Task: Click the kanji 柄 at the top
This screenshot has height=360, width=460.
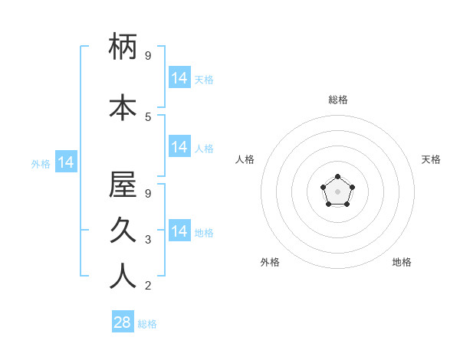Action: (x=123, y=47)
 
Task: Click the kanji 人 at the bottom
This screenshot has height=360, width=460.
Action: (x=123, y=276)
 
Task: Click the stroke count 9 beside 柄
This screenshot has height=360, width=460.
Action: (x=148, y=56)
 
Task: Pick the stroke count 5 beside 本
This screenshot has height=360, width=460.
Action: (x=148, y=116)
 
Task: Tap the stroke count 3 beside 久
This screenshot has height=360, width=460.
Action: (x=148, y=240)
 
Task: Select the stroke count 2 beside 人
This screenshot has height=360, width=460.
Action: (x=148, y=286)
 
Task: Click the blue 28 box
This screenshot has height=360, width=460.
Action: (x=123, y=322)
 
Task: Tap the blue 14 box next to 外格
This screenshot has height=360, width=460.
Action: (x=65, y=162)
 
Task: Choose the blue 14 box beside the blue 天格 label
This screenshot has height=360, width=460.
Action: (x=179, y=78)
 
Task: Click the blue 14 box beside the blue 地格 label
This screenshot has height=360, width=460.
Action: (x=179, y=231)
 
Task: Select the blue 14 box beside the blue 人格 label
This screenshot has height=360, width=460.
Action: (x=179, y=147)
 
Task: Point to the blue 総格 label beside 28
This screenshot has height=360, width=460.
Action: (x=147, y=324)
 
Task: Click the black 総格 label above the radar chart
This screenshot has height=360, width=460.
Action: (x=337, y=100)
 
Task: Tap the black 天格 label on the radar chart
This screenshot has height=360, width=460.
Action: (x=431, y=159)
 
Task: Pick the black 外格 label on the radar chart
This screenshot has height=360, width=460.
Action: (x=270, y=262)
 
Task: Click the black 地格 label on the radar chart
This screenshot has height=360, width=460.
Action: (x=402, y=262)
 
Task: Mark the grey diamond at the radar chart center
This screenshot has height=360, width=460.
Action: (x=337, y=191)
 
